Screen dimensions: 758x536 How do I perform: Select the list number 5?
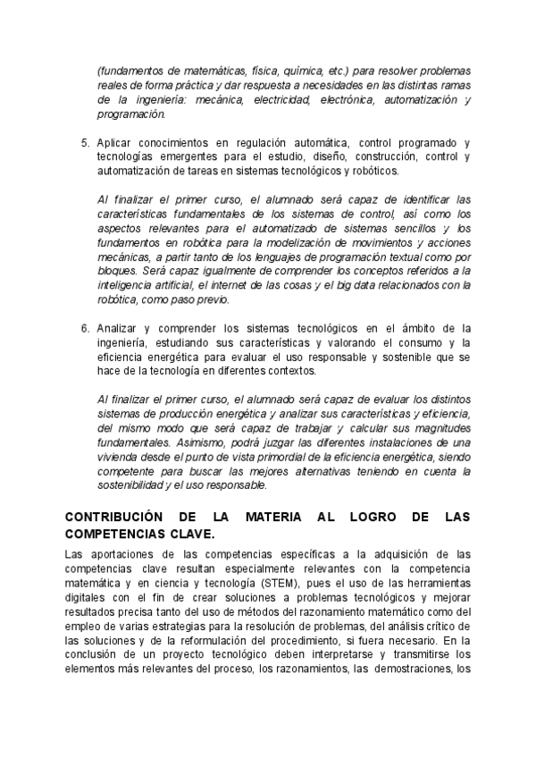pyautogui.click(x=85, y=143)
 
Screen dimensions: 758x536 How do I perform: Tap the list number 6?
pyautogui.click(x=85, y=328)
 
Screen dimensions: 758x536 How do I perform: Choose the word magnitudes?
pyautogui.click(x=431, y=428)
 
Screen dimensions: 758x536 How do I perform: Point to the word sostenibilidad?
pyautogui.click(x=134, y=486)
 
